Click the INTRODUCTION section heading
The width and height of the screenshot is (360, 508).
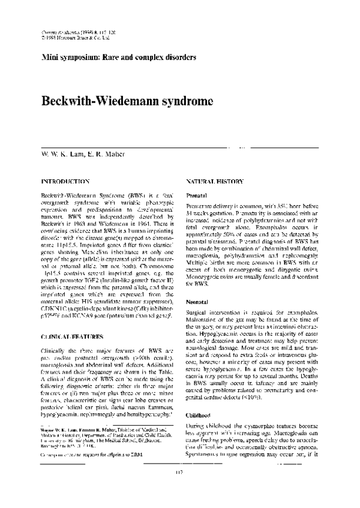click(x=65, y=181)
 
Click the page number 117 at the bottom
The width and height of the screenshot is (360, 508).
click(x=180, y=491)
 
